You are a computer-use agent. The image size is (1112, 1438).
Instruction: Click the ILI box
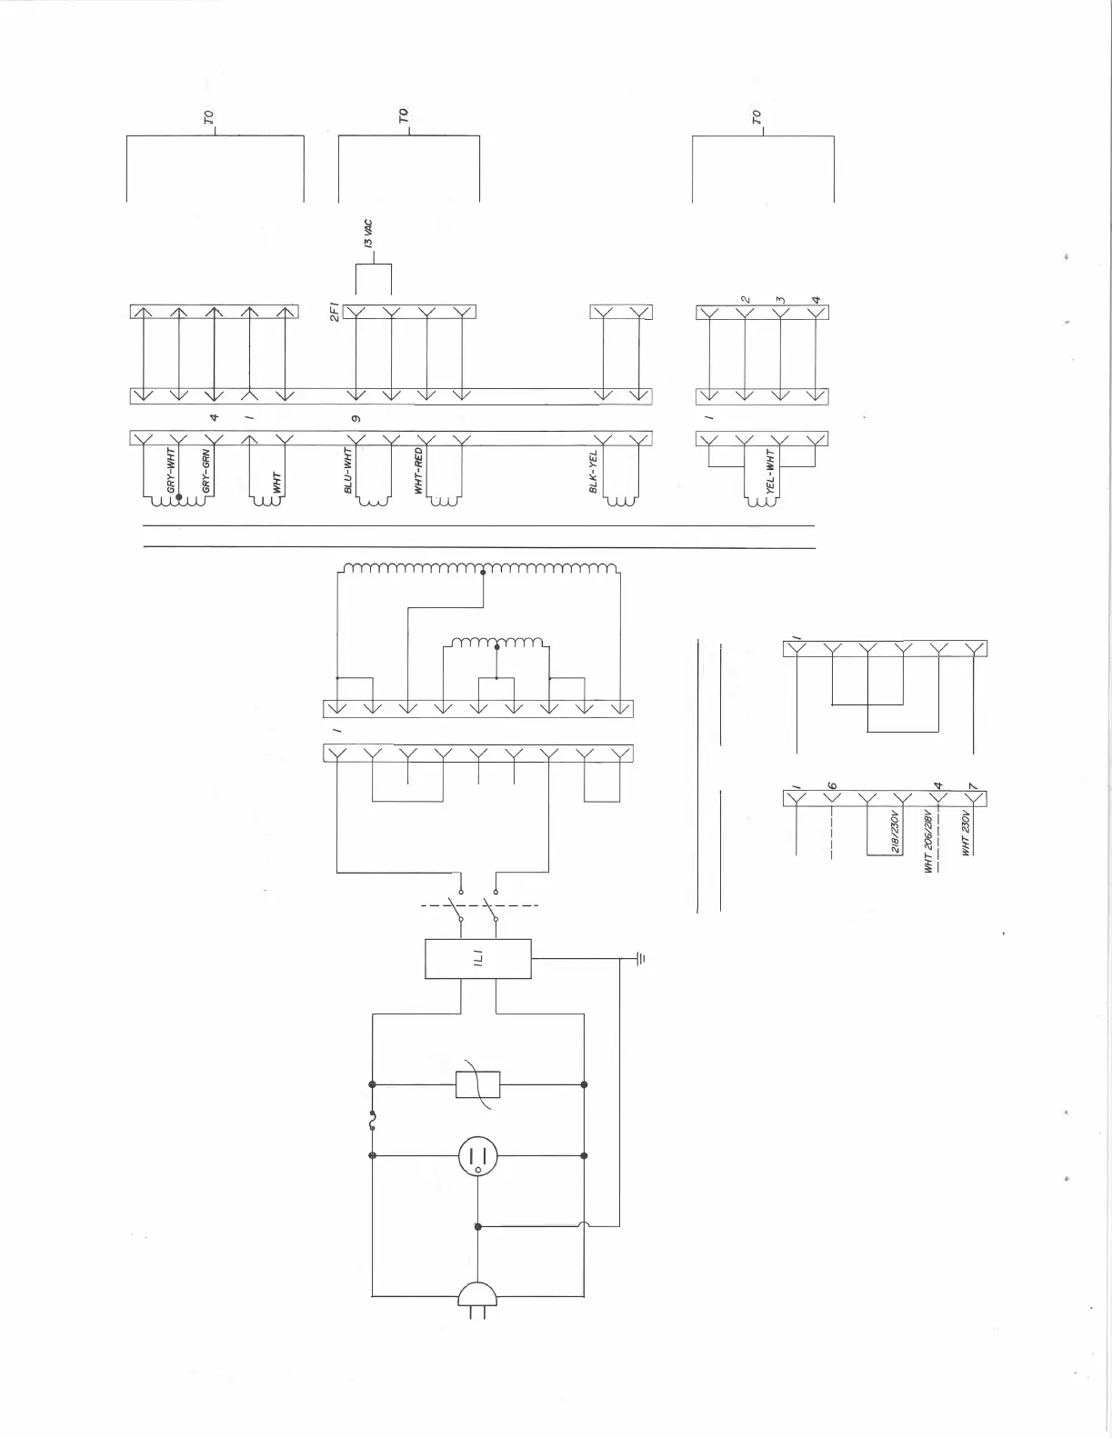pos(477,958)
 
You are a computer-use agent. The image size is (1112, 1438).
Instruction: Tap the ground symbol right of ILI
pos(639,958)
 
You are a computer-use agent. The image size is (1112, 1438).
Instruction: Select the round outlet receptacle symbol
pos(477,1156)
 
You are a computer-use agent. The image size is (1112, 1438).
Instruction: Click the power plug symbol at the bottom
pos(477,1297)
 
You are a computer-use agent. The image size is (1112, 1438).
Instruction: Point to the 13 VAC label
pos(367,234)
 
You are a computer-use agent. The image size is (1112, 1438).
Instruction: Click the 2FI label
pos(335,313)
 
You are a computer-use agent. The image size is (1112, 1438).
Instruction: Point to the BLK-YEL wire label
pos(594,475)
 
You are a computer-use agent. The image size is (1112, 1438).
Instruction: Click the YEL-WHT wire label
pos(770,473)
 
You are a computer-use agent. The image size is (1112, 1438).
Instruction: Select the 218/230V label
pos(895,832)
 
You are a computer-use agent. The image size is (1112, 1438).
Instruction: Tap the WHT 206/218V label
pos(929,841)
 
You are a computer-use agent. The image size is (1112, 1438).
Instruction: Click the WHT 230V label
pos(966,833)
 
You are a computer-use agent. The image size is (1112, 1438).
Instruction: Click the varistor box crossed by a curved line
pos(477,1083)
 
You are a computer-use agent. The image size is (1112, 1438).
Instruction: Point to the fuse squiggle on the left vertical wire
pos(373,1121)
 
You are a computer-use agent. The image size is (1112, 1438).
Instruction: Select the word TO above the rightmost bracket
pos(756,117)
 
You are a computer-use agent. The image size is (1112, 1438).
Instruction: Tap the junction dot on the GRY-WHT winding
pos(179,498)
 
